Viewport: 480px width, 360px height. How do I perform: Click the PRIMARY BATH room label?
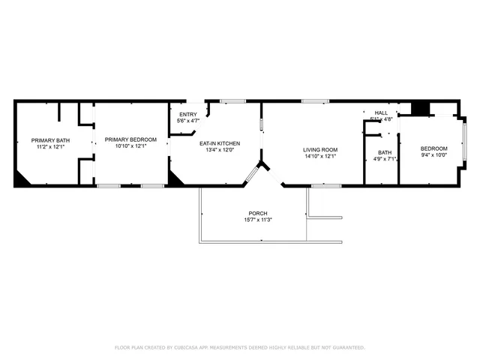50,140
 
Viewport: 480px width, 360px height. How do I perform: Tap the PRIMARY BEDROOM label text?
130,139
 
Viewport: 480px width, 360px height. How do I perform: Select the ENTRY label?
187,114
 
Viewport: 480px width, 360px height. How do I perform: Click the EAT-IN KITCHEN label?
219,142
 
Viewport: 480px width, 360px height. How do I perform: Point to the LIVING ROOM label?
320,149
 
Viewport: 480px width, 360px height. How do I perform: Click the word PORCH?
258,213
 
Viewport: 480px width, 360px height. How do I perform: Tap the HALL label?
381,112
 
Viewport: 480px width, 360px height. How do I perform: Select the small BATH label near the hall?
383,152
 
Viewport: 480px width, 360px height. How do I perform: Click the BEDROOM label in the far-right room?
433,148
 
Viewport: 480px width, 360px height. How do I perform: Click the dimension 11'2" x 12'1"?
50,147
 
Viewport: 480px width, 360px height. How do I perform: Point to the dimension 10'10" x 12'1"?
130,146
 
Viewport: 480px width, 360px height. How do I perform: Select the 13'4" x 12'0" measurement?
219,149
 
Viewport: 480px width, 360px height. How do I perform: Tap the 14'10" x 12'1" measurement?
320,156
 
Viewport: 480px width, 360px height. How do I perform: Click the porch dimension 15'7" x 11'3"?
258,220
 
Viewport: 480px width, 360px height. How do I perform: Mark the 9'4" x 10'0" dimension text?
433,155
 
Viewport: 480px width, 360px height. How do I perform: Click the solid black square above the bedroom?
421,108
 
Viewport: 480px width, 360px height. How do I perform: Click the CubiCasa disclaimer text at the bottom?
240,347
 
